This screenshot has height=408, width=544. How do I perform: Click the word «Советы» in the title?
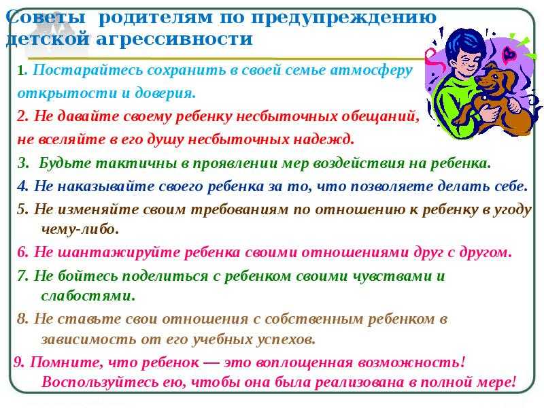(46, 16)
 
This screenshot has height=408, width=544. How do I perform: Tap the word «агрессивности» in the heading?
(174, 39)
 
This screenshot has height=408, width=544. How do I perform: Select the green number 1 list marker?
(20, 71)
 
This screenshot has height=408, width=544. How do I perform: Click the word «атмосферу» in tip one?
(371, 70)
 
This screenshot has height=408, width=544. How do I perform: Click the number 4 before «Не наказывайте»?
(22, 186)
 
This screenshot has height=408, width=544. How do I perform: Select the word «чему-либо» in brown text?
(80, 229)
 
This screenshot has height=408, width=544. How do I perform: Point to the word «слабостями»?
(88, 296)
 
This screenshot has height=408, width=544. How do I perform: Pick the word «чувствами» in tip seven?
(392, 276)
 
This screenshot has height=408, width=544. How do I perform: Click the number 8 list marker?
(22, 318)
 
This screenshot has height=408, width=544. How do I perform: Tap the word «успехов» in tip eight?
(286, 339)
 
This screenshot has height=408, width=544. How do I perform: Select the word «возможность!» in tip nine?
(411, 363)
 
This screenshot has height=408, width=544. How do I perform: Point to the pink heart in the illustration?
(509, 54)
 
